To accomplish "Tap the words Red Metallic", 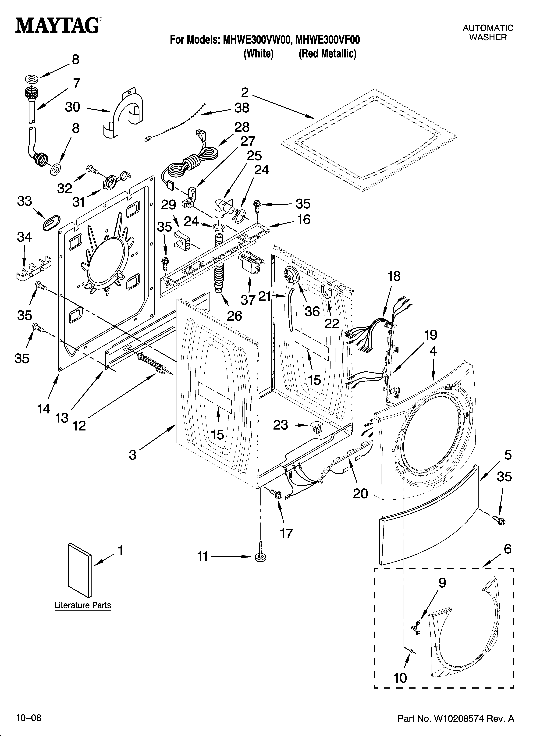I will point(327,53).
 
